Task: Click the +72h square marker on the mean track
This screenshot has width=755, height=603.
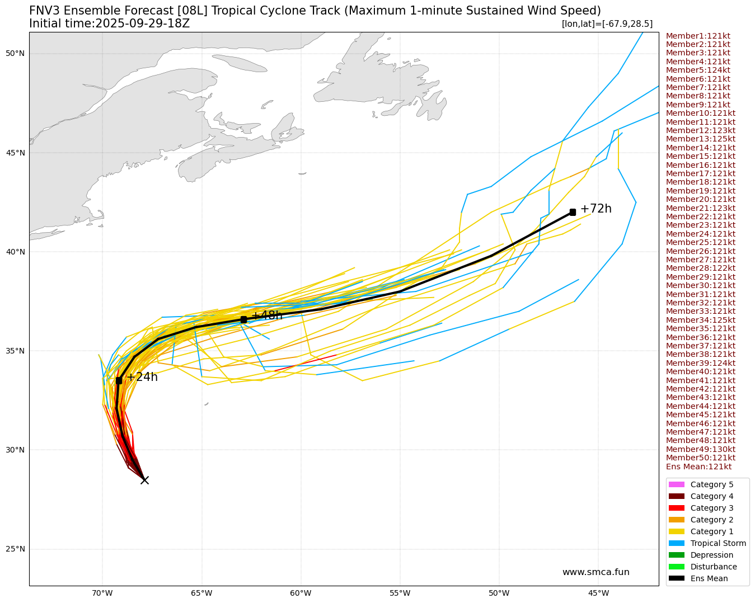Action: pos(573,212)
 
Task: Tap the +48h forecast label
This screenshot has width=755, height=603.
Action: pos(267,315)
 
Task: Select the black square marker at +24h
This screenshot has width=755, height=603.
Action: pos(119,380)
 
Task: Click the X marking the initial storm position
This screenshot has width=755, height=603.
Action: pos(144,480)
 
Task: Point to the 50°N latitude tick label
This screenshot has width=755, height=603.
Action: pos(15,54)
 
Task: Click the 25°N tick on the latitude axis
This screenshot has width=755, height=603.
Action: pos(15,549)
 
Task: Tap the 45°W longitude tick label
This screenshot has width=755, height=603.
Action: pos(598,593)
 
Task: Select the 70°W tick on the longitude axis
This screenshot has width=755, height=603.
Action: pos(102,593)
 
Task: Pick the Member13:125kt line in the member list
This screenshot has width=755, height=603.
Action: pos(701,139)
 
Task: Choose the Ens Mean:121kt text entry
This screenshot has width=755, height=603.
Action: pos(698,467)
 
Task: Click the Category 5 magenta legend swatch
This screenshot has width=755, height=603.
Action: pos(676,484)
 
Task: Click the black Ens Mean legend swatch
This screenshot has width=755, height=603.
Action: pos(676,578)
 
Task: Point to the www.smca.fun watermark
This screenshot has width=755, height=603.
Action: pos(595,572)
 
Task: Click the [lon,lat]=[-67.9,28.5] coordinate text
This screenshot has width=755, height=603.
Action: pos(607,23)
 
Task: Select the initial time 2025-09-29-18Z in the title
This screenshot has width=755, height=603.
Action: pos(142,23)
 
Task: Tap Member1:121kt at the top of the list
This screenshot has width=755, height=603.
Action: pos(698,36)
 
